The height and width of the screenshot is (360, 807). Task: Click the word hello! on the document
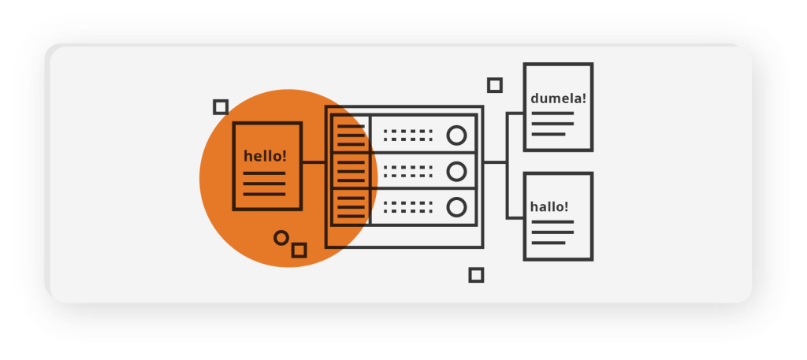pos(266,156)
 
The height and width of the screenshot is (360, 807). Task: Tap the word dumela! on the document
pos(558,99)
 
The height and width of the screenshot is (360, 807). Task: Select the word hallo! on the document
pos(549,207)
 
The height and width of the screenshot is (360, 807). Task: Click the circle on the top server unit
pos(456,135)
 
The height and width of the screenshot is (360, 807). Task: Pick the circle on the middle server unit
pos(456,171)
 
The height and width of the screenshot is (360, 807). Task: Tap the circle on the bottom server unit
pos(456,207)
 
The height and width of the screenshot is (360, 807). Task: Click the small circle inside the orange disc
pos(281,237)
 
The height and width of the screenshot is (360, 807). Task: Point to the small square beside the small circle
pos(299,251)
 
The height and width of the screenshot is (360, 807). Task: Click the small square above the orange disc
pos(221,107)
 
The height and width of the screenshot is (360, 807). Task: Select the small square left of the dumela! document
pos(495,85)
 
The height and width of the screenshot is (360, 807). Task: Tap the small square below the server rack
pos(476,275)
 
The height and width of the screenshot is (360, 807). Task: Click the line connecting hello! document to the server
pos(314,162)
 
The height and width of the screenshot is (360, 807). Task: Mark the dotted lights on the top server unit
pos(408,135)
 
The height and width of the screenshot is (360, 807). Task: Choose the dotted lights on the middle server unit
pos(408,171)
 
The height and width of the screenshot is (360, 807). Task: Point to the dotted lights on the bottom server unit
pos(408,207)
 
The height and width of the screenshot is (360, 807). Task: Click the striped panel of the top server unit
pos(351,134)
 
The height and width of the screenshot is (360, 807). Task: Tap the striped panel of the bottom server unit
pos(351,207)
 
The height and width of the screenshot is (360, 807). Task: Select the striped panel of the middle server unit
pos(351,171)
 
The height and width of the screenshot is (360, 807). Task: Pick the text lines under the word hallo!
pos(552,232)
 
